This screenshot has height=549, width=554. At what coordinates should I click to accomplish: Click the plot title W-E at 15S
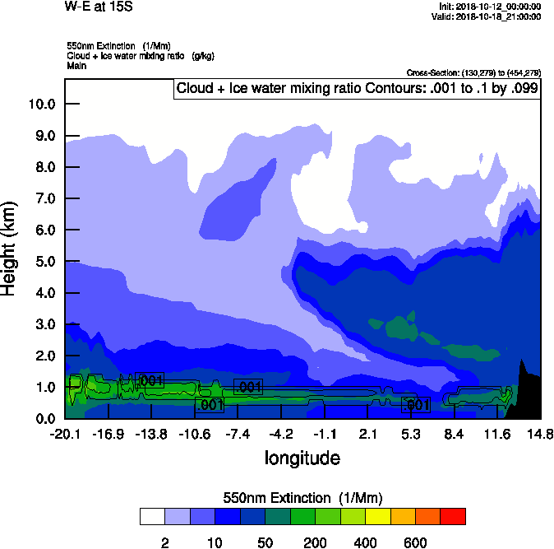[97, 7]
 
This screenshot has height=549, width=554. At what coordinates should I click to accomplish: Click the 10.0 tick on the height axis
[41, 104]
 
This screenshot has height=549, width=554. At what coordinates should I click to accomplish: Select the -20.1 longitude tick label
[65, 434]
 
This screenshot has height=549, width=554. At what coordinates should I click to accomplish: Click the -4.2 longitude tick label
[281, 434]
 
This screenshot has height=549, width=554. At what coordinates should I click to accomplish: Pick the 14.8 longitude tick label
[540, 434]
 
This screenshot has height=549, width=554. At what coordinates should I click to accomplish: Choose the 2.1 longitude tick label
[367, 434]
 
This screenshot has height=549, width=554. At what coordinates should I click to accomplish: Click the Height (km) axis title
[11, 247]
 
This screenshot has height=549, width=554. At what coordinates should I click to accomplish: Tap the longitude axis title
[302, 457]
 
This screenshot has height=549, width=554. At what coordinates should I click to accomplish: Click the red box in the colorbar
[453, 516]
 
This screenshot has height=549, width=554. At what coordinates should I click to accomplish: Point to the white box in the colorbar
[151, 516]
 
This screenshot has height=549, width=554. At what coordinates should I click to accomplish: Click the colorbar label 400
[365, 542]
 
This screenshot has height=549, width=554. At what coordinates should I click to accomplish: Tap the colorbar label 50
[265, 542]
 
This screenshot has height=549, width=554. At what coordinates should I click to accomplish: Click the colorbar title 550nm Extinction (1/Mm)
[302, 498]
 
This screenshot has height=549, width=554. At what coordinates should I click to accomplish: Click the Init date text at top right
[490, 7]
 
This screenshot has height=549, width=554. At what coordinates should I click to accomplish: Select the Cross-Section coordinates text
[473, 73]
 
